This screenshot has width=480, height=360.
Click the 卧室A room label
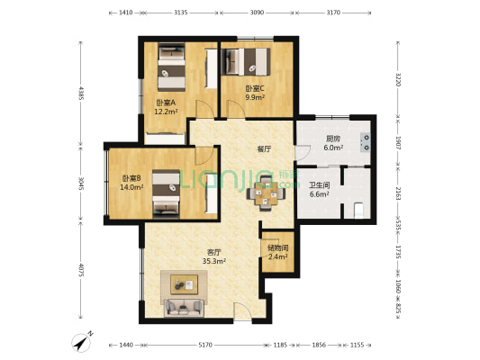pos(166,106)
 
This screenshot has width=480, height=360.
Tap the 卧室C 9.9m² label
pos(254,93)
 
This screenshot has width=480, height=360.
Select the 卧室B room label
pos(132,183)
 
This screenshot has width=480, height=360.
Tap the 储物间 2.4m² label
pos(277,252)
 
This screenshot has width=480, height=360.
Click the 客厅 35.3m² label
pos(213,257)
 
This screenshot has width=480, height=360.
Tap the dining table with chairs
pos(267,191)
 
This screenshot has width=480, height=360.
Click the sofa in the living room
pos(184,309)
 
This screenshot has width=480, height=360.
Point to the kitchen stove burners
pos(365,139)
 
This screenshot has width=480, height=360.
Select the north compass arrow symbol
pos(83,343)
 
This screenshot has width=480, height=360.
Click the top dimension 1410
pos(126,13)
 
